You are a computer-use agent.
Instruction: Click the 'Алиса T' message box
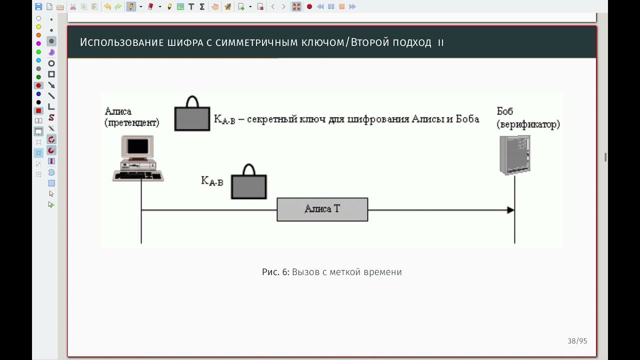pyautogui.click(x=322, y=209)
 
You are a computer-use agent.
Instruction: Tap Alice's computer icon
pyautogui.click(x=138, y=158)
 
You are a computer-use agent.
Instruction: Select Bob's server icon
pyautogui.click(x=514, y=155)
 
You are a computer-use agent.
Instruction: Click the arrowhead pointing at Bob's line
pyautogui.click(x=510, y=210)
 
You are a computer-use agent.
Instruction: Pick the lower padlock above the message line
pyautogui.click(x=248, y=183)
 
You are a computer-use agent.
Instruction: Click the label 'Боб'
pyautogui.click(x=505, y=111)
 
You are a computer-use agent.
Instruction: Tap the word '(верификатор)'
pyautogui.click(x=528, y=124)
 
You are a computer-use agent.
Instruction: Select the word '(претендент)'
pyautogui.click(x=132, y=122)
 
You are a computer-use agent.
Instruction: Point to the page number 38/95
pyautogui.click(x=577, y=341)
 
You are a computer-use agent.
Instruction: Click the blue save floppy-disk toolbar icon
pyautogui.click(x=38, y=6)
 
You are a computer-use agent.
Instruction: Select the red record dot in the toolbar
pyautogui.click(x=309, y=6)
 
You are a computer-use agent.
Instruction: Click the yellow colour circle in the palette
pyautogui.click(x=38, y=26)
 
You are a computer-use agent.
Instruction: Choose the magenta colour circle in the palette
pyautogui.click(x=38, y=43)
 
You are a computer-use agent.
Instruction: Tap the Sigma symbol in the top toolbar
pyautogui.click(x=202, y=6)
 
